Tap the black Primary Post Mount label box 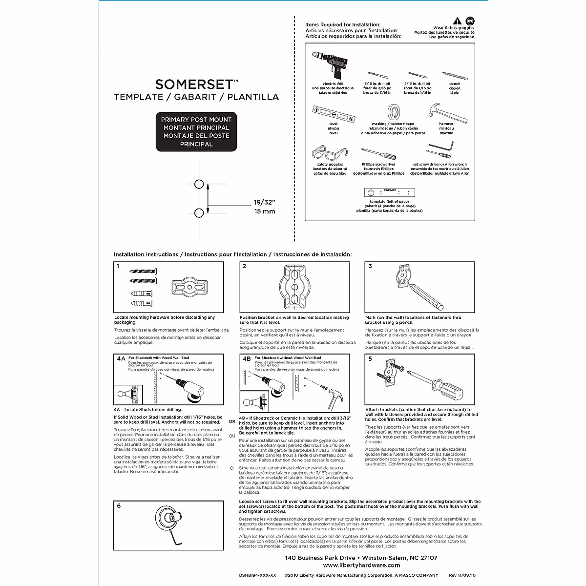click(196, 132)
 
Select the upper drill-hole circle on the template click(199, 184)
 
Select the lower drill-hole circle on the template click(199, 212)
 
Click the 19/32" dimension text click(264, 202)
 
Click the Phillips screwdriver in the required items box click(378, 154)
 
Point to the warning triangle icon click(456, 21)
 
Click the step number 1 click(118, 267)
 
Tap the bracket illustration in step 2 click(294, 288)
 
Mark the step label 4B click(246, 358)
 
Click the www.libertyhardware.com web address click(361, 565)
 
